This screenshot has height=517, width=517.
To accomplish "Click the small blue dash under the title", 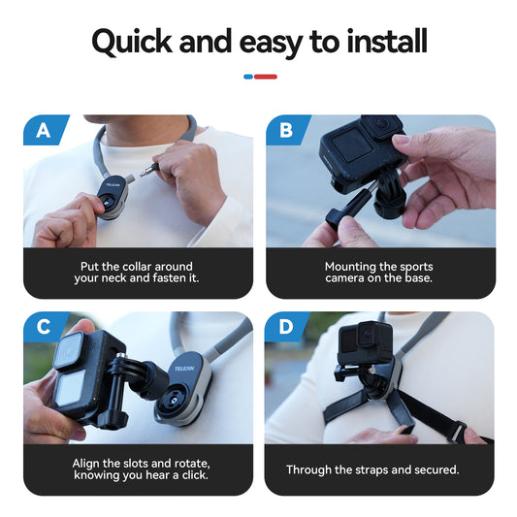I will (248, 76).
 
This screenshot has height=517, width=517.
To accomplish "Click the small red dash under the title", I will (266, 76).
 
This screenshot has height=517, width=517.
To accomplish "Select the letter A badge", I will (43, 130).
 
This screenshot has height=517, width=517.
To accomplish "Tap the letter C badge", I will (43, 327).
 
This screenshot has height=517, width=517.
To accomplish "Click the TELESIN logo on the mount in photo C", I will (184, 369).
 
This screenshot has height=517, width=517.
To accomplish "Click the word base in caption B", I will (419, 278).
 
